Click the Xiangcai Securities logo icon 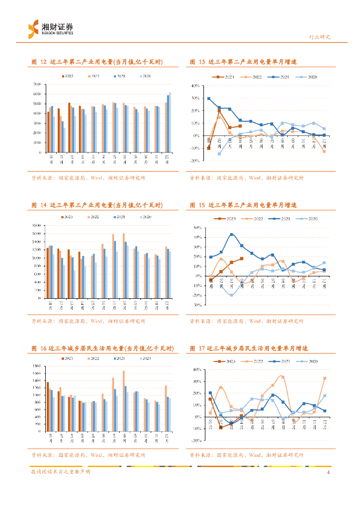click(x=33, y=28)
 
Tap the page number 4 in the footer click(x=329, y=472)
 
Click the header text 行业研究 click(x=320, y=37)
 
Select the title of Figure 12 click(x=97, y=62)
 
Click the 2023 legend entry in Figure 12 click(x=67, y=76)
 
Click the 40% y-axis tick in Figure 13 click(x=195, y=86)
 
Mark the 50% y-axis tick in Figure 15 click(x=195, y=228)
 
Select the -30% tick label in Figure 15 click(x=195, y=305)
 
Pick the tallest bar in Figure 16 click(x=124, y=401)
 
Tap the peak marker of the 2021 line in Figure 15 click(x=231, y=235)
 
